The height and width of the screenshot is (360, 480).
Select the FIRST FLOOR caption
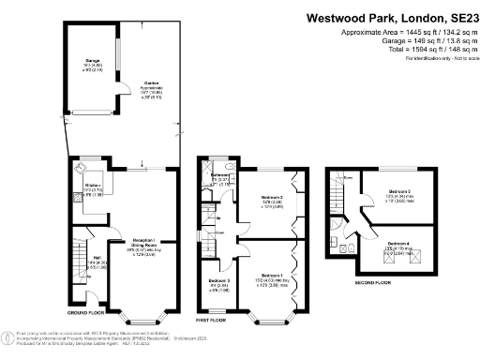pyautogui.click(x=212, y=320)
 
